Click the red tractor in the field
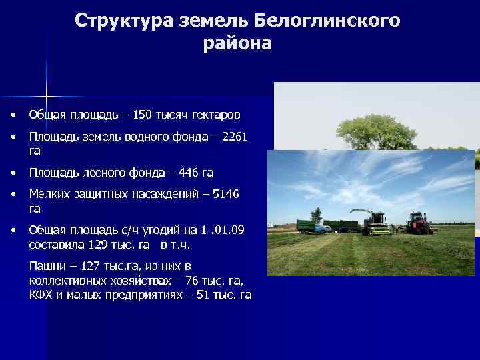(x=419, y=223)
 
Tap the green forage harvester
(x=376, y=223)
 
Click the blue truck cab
(x=322, y=228)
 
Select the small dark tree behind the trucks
(x=316, y=214)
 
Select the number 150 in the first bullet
(x=143, y=115)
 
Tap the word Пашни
(x=47, y=267)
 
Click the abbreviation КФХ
(x=39, y=295)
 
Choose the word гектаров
(x=213, y=115)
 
